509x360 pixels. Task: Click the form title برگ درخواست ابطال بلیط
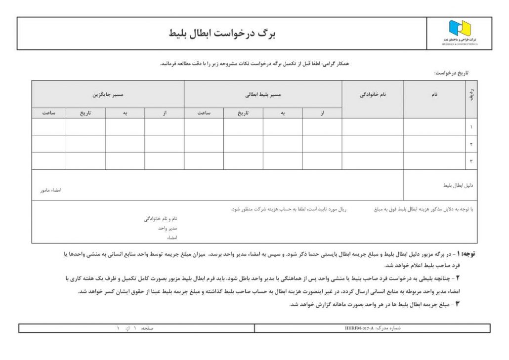[x=222, y=33]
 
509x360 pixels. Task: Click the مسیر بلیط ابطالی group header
[x=263, y=94]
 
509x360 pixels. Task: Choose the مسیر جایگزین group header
[x=108, y=94]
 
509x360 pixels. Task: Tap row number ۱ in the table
[x=471, y=127]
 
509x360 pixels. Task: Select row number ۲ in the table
[x=471, y=144]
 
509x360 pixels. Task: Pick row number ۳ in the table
[x=471, y=161]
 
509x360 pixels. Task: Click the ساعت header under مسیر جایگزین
[x=48, y=113]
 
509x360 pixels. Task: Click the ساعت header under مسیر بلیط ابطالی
[x=204, y=113]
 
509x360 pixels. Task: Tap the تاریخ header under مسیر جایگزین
[x=85, y=113]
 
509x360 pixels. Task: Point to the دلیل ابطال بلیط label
[x=458, y=185]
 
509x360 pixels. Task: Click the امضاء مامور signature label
[x=50, y=190]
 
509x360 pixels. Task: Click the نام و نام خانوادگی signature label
[x=161, y=218]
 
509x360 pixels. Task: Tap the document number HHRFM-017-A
[x=360, y=328]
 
